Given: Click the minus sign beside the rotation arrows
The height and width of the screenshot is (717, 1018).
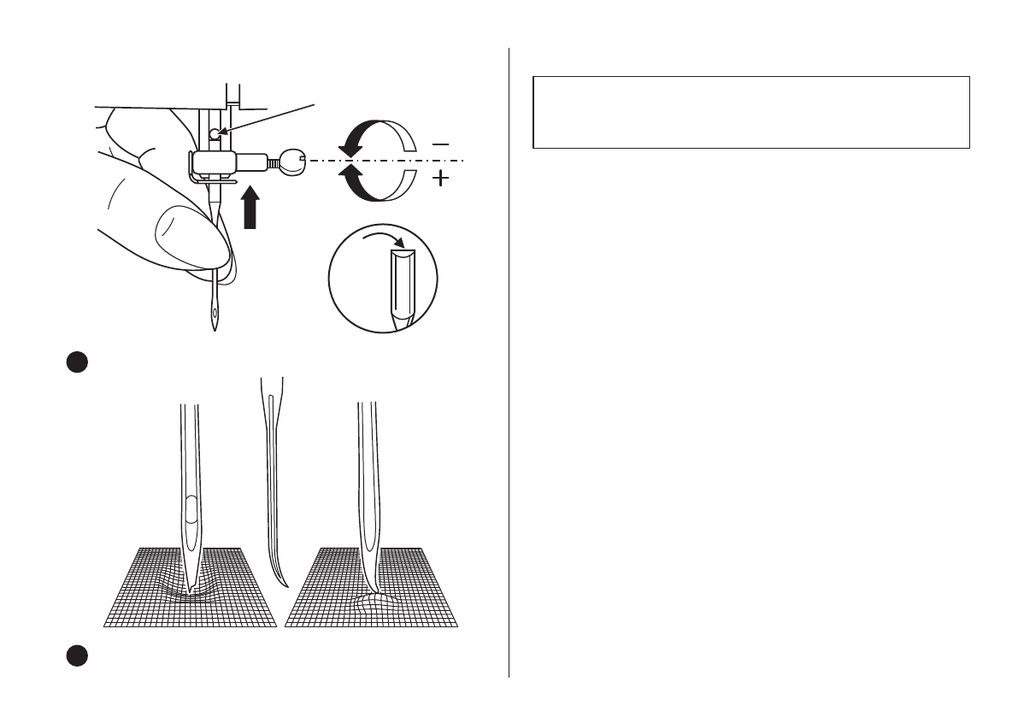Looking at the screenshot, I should (441, 144).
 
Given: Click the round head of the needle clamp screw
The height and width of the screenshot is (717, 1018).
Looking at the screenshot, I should (292, 161).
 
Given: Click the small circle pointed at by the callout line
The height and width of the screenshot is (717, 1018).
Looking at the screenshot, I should (214, 132).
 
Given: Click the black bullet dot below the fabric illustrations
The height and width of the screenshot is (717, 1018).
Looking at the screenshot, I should (75, 656).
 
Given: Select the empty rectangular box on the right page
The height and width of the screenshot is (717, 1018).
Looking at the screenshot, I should (750, 112).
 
